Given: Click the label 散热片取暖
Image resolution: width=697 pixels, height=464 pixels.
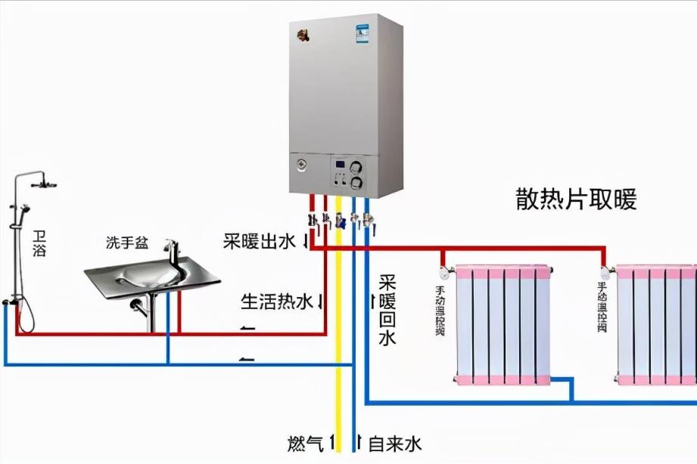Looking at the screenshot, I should tap(576, 200).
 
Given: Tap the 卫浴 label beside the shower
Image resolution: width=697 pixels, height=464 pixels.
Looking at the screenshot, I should tap(39, 243).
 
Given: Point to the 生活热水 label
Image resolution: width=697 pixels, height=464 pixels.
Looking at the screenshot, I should tap(276, 302).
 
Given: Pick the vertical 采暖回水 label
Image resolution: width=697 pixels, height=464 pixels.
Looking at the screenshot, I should tap(387, 310).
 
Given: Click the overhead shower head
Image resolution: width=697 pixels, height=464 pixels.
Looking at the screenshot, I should tap(48, 184).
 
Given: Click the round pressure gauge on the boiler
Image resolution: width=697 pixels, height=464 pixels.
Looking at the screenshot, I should tap(301, 164).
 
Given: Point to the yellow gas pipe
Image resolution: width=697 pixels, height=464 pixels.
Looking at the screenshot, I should tap(338, 340).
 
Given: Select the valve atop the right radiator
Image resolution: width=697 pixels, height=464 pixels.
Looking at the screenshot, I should tap(605, 267).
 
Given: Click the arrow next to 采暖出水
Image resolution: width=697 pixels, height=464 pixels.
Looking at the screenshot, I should tap(306, 242).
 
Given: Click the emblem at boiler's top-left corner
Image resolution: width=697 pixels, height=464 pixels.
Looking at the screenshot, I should tap(304, 35).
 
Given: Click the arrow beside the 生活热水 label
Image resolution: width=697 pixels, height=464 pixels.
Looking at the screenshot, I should tap(321, 302).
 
